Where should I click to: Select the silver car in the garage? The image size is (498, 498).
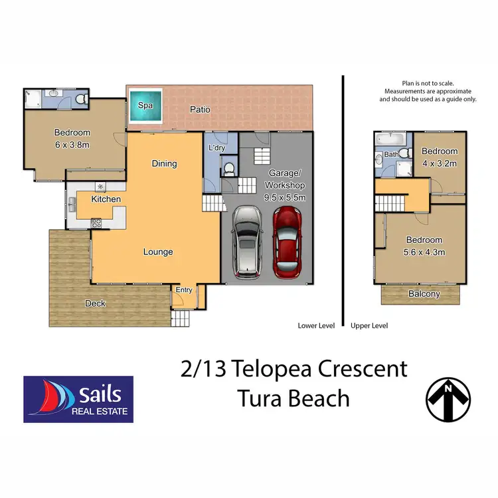(247, 243)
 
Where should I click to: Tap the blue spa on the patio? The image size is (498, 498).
(145, 106)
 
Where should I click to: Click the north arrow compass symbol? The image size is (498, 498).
(448, 398)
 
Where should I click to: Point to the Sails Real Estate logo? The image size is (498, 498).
(78, 399)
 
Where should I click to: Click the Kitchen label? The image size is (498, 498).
(106, 199)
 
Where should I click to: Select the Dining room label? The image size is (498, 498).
(164, 163)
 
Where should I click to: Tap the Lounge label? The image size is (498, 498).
(158, 252)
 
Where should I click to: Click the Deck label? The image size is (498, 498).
(95, 303)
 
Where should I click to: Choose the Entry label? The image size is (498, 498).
(184, 290)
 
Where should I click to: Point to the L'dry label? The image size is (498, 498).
(216, 147)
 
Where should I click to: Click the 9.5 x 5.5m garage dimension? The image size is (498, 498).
(285, 197)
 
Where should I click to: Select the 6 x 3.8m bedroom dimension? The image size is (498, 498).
(72, 144)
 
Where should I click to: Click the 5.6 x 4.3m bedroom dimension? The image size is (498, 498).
(424, 252)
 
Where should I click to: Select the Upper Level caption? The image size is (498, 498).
(369, 326)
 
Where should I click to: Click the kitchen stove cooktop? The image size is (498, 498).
(96, 223)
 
